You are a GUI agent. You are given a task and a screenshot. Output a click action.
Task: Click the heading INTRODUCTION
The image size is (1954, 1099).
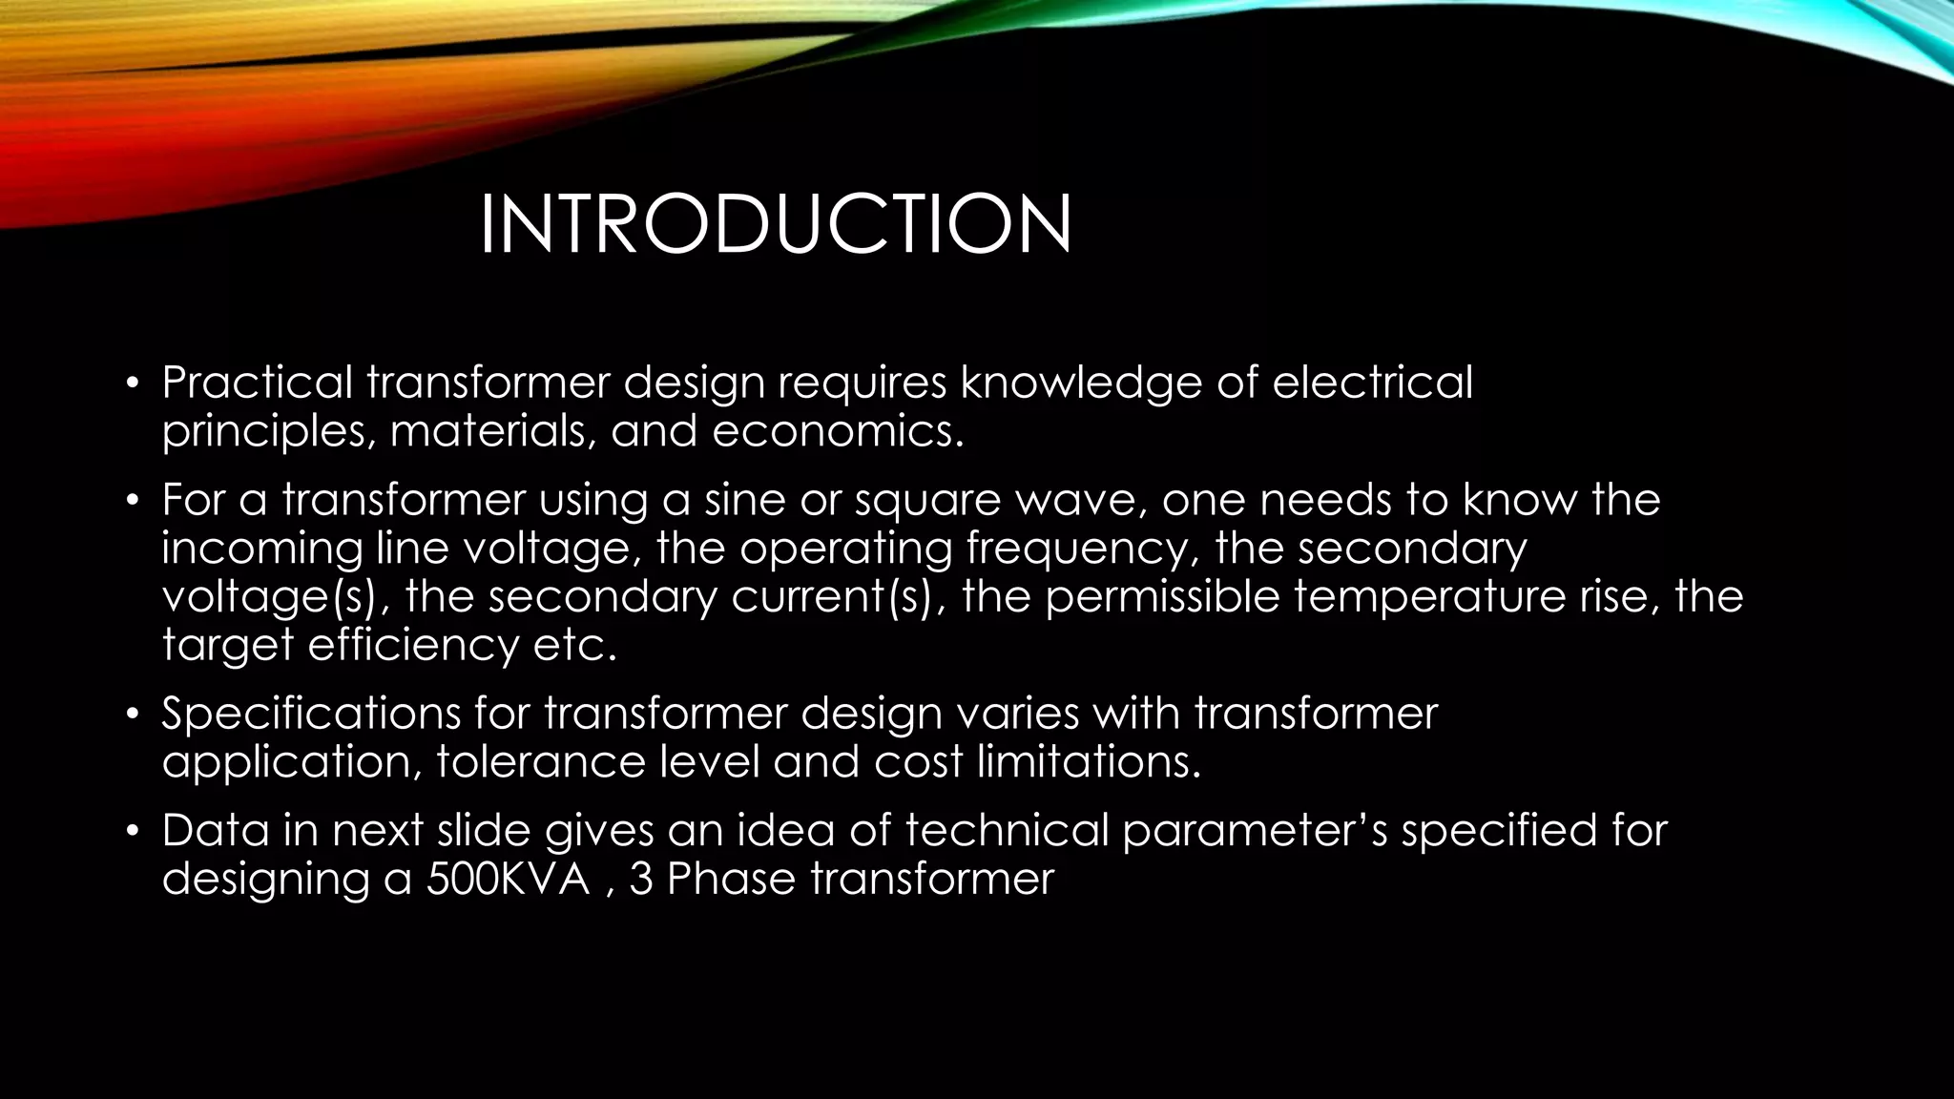coord(775,225)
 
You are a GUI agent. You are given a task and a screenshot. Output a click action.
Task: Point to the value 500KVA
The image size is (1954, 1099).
coord(508,879)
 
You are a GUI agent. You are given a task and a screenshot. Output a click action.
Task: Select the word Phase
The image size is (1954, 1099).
coord(731,879)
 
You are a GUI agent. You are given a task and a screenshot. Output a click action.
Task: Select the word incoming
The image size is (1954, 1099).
coord(262,549)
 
